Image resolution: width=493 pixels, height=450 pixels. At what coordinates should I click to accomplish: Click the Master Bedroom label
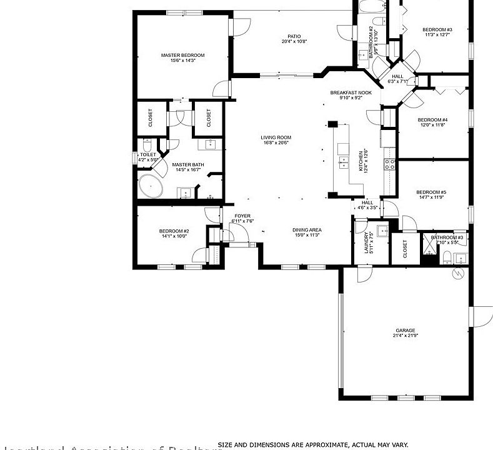pyautogui.click(x=182, y=56)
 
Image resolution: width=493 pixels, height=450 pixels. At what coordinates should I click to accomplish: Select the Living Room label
pyautogui.click(x=276, y=137)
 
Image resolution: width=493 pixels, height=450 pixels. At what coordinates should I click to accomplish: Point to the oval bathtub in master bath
pyautogui.click(x=151, y=186)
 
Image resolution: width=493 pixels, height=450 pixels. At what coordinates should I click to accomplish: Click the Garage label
pyautogui.click(x=405, y=331)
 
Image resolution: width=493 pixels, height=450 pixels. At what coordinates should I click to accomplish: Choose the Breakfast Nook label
pyautogui.click(x=351, y=92)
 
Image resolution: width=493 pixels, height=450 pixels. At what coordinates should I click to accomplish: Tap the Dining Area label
pyautogui.click(x=306, y=230)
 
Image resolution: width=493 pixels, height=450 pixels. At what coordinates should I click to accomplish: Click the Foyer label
pyautogui.click(x=242, y=216)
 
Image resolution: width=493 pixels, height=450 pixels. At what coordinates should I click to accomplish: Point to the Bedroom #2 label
pyautogui.click(x=174, y=231)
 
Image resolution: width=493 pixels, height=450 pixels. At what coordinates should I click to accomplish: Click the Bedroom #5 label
pyautogui.click(x=431, y=192)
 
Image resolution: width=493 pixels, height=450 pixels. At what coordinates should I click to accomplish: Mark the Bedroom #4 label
pyautogui.click(x=432, y=119)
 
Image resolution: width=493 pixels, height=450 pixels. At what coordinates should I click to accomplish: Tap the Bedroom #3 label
pyautogui.click(x=437, y=30)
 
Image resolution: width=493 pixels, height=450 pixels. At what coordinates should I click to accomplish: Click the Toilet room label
pyautogui.click(x=148, y=154)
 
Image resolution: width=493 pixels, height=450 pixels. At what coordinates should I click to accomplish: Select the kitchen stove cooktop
pyautogui.click(x=389, y=164)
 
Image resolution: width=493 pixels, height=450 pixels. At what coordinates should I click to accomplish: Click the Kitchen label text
pyautogui.click(x=361, y=161)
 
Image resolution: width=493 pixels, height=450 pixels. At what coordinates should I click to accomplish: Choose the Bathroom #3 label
pyautogui.click(x=447, y=237)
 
